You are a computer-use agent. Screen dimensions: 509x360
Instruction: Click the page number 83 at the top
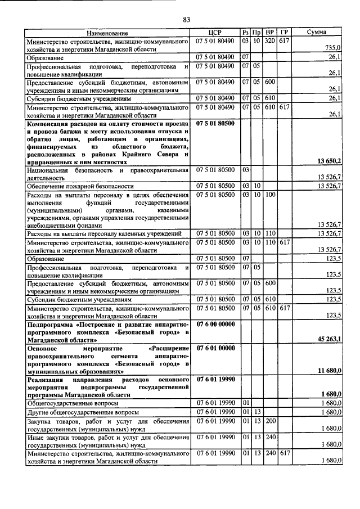click(186, 21)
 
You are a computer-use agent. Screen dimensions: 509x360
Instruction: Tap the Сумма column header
click(316, 33)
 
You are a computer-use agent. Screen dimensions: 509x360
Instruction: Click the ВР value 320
click(270, 41)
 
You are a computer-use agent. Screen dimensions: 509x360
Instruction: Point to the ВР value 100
click(270, 194)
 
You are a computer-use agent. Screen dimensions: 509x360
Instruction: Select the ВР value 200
click(270, 421)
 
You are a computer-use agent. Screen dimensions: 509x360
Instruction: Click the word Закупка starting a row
click(41, 421)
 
